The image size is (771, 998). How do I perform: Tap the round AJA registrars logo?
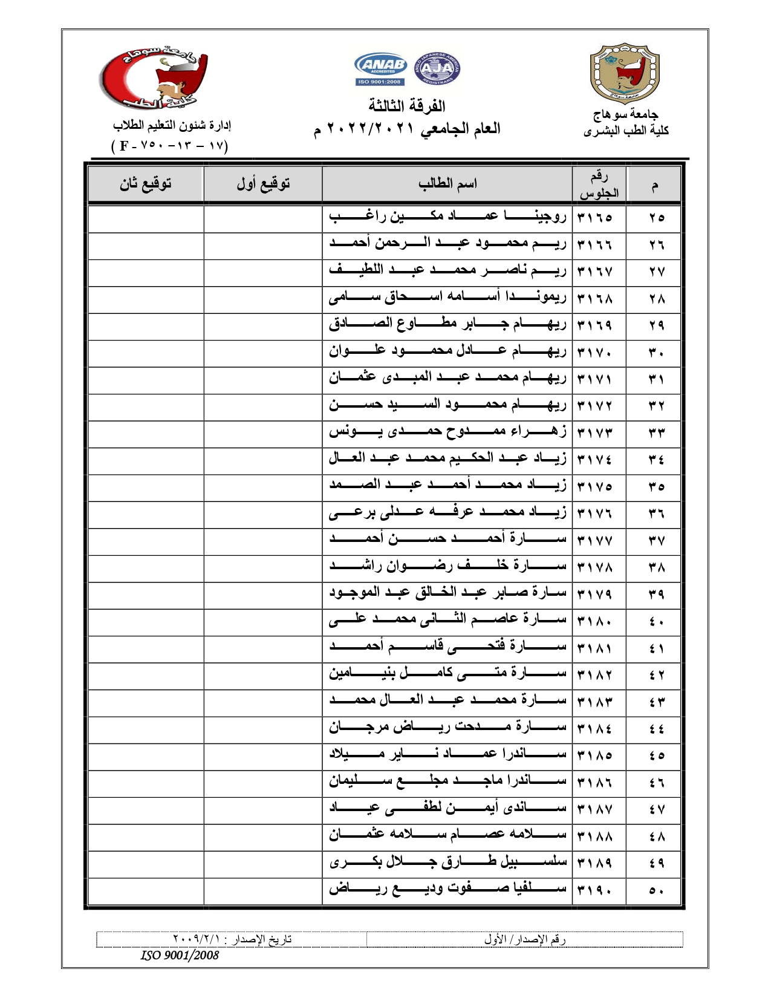pyautogui.click(x=437, y=70)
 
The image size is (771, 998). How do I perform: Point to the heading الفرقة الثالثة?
pyautogui.click(x=407, y=106)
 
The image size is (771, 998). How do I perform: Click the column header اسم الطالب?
pyautogui.click(x=447, y=183)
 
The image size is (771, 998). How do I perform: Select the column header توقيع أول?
pyautogui.click(x=263, y=183)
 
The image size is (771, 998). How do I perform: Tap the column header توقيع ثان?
pyautogui.click(x=145, y=183)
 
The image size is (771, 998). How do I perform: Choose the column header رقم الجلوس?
pyautogui.click(x=599, y=184)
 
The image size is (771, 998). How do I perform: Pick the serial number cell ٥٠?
pyautogui.click(x=656, y=890)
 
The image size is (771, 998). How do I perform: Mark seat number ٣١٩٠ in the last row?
pyautogui.click(x=595, y=890)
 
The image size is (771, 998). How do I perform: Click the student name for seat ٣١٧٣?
pyautogui.click(x=447, y=432)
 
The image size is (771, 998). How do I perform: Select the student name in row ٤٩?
pyautogui.click(x=447, y=863)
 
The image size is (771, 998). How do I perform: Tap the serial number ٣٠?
pyautogui.click(x=656, y=352)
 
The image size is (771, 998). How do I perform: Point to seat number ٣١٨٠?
pyautogui.click(x=595, y=621)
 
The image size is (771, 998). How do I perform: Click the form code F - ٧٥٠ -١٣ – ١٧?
pyautogui.click(x=170, y=146)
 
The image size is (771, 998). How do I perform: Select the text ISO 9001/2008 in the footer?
pyautogui.click(x=180, y=955)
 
